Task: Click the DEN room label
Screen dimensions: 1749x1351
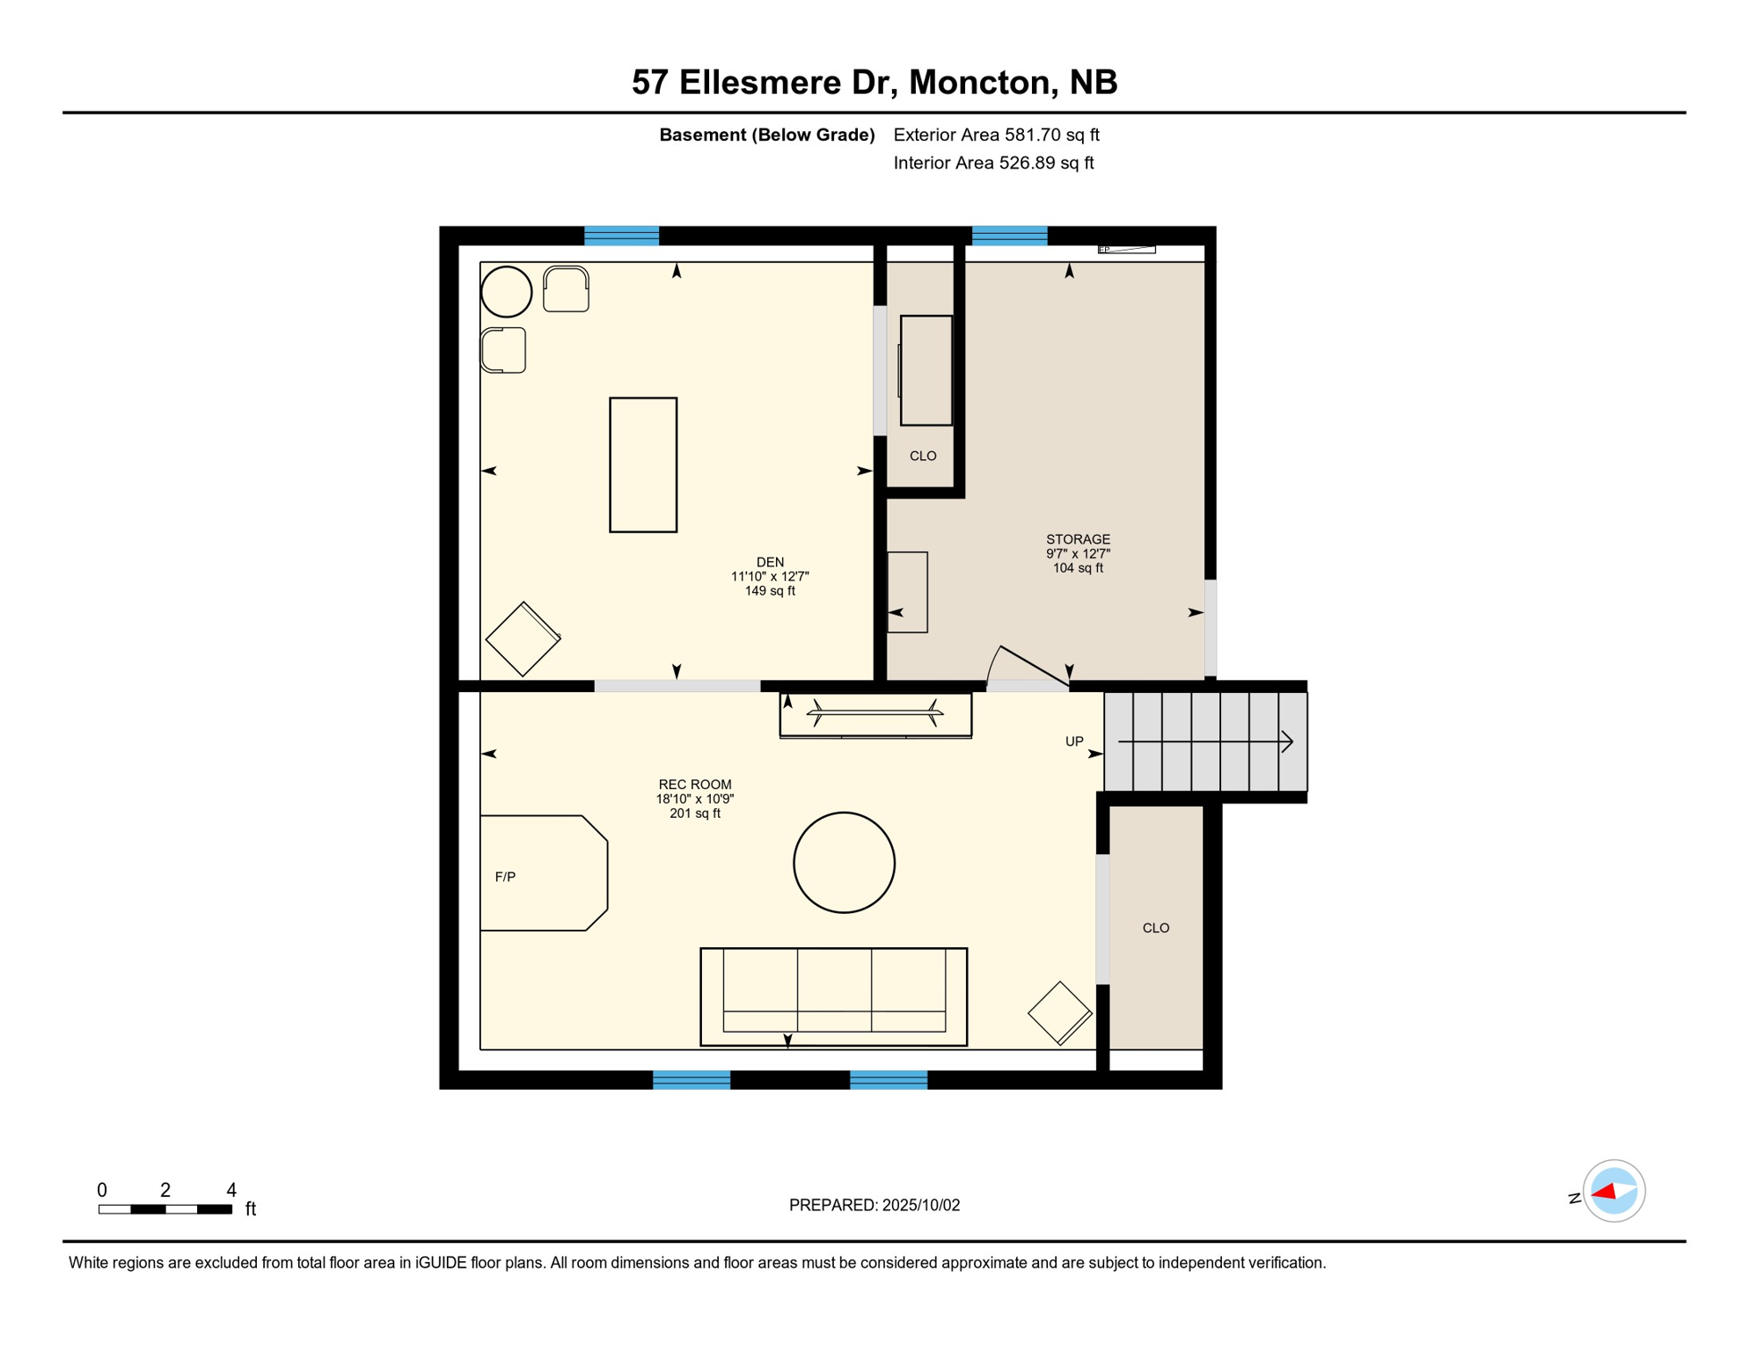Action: pyautogui.click(x=770, y=562)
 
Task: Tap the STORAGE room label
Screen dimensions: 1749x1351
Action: pyautogui.click(x=1078, y=539)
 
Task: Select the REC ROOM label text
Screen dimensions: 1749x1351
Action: pyautogui.click(x=695, y=785)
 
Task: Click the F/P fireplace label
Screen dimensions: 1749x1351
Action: pyautogui.click(x=505, y=877)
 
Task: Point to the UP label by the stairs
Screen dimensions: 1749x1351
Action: pyautogui.click(x=1074, y=741)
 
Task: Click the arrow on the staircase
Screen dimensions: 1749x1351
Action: pyautogui.click(x=1205, y=741)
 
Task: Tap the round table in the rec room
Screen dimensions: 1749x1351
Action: pyautogui.click(x=844, y=862)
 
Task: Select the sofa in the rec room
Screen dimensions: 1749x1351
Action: pyautogui.click(x=833, y=997)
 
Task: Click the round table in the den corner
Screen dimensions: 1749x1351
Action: pyautogui.click(x=507, y=291)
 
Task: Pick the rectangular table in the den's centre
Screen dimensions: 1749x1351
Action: pyautogui.click(x=643, y=464)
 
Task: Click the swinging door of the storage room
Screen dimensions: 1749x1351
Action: pyautogui.click(x=1034, y=666)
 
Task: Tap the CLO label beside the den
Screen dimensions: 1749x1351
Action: pyautogui.click(x=923, y=456)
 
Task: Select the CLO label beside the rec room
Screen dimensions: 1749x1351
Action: pyautogui.click(x=1156, y=928)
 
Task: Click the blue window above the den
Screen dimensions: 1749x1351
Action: pyautogui.click(x=621, y=236)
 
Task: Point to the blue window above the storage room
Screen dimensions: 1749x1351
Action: pyautogui.click(x=1009, y=236)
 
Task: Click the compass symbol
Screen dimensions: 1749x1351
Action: pyautogui.click(x=1614, y=1191)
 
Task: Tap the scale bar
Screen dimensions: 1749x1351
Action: pyautogui.click(x=165, y=1209)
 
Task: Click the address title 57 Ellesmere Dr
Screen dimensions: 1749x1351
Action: pyautogui.click(x=764, y=82)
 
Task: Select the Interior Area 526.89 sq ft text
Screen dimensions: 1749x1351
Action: pyautogui.click(x=993, y=163)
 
